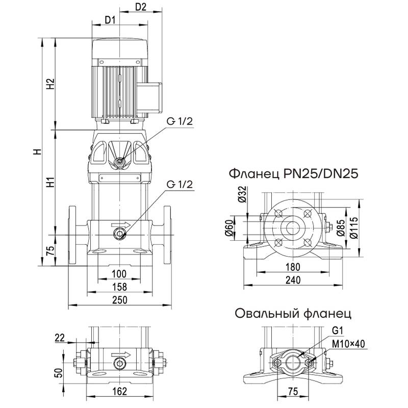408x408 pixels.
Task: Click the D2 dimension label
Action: pos(141,7)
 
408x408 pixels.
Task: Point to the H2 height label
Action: pos(50,85)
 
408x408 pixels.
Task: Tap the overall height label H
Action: pos(36,152)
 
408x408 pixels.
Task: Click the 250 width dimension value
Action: pos(119,300)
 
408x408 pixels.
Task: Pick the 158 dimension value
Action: pos(119,287)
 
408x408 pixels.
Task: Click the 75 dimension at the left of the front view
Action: pos(50,250)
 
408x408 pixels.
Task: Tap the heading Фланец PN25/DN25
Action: pos(294,173)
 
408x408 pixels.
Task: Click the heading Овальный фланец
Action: pos(293,313)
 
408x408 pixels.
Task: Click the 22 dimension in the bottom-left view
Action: pos(60,337)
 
